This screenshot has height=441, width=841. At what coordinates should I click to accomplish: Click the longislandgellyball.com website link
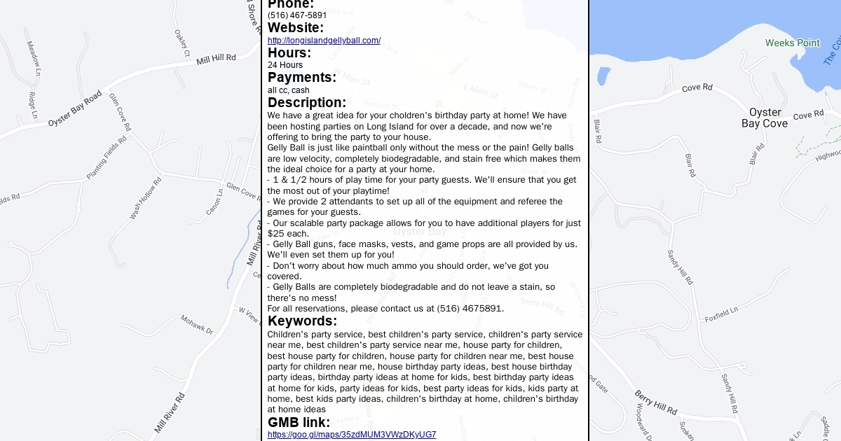[324, 41]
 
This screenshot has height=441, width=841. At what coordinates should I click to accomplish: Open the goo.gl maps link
[352, 435]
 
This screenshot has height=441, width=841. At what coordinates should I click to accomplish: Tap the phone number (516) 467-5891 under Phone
[297, 15]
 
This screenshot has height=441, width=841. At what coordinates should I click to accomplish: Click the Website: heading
[296, 28]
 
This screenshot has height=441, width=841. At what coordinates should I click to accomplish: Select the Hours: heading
[289, 53]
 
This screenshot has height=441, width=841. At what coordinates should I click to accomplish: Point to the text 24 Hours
[285, 65]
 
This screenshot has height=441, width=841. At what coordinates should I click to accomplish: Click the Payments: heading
[302, 78]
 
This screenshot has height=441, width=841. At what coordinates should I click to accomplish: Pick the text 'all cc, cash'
[289, 90]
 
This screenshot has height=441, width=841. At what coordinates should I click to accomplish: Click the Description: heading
[307, 103]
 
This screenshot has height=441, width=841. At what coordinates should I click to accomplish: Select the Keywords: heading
[302, 321]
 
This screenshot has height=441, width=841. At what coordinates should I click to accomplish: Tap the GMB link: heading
[299, 423]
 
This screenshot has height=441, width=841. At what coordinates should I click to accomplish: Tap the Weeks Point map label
[792, 43]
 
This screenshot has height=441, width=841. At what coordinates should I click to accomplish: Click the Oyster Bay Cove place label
[765, 118]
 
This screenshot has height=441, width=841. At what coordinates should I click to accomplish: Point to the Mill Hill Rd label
[217, 59]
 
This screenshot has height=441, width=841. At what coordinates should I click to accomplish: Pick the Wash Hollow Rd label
[145, 199]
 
